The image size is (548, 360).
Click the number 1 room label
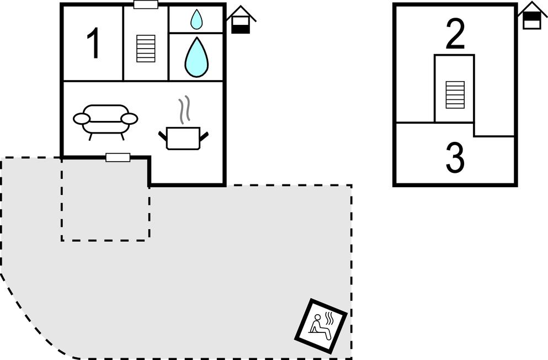pyautogui.click(x=94, y=44)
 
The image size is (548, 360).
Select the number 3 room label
pyautogui.click(x=455, y=158)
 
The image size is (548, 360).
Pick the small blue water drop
pyautogui.click(x=196, y=20)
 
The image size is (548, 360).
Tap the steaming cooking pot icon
pyautogui.click(x=183, y=137)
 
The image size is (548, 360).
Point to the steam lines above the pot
pyautogui.click(x=185, y=109)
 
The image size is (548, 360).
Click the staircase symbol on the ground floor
pyautogui.click(x=145, y=48)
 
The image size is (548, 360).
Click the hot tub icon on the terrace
pyautogui.click(x=321, y=326)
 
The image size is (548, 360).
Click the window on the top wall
pyautogui.click(x=146, y=5)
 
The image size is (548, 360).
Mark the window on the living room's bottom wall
pyautogui.click(x=118, y=157)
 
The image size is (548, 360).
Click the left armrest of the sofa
pyautogui.click(x=81, y=119)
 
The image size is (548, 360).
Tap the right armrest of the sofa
pyautogui.click(x=129, y=119)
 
